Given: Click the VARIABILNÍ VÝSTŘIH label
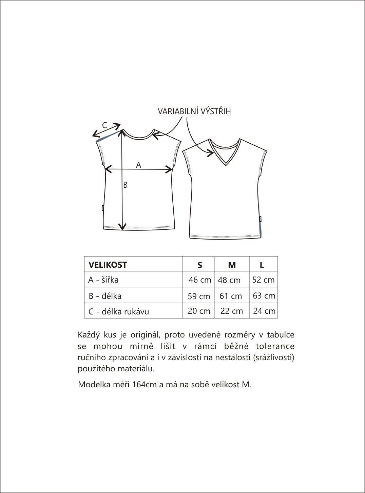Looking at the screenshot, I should click(x=194, y=111).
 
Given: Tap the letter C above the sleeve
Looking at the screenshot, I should click(x=104, y=125).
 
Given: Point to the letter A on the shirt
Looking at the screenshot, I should click(x=138, y=165).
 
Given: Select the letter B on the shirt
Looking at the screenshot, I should click(x=126, y=185).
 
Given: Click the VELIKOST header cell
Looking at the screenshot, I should click(x=108, y=265).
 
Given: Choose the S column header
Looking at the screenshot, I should click(x=199, y=265).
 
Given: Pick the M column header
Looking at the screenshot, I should click(x=232, y=265).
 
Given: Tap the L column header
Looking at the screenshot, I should click(x=262, y=265).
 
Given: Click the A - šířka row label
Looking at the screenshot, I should click(x=103, y=280).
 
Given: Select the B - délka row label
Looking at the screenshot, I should click(x=105, y=296).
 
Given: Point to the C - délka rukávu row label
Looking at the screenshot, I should click(x=119, y=311).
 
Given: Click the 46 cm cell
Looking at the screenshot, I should click(x=200, y=280).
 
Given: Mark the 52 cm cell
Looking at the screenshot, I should click(x=264, y=280).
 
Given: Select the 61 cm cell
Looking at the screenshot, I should click(x=231, y=296).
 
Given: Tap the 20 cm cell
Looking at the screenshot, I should click(x=199, y=311).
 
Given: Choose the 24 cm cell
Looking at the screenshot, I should click(x=264, y=311).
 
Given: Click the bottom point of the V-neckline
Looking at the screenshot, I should click(x=226, y=165).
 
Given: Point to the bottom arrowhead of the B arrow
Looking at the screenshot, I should click(x=122, y=227).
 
